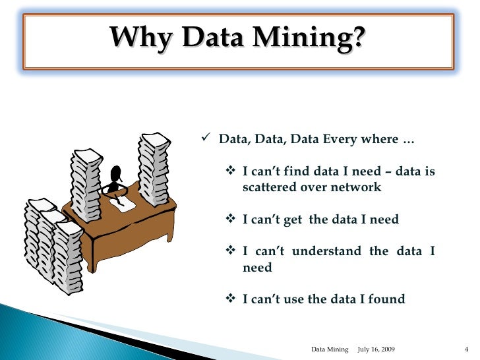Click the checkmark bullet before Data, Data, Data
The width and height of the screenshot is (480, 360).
tap(206, 138)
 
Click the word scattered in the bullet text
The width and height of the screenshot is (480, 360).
tap(269, 187)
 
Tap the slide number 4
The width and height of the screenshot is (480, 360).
tap(465, 347)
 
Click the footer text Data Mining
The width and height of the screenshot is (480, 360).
tap(329, 347)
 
